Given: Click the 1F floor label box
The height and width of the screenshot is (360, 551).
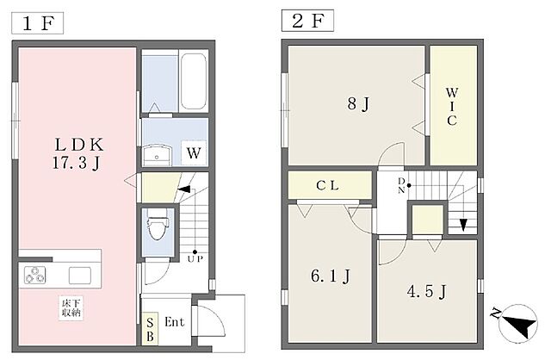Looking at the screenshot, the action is (x=38, y=23).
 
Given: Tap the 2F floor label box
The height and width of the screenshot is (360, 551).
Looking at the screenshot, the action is (x=307, y=21).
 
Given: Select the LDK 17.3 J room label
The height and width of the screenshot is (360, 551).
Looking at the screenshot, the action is (x=78, y=153).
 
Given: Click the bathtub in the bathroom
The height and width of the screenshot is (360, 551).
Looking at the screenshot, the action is (x=193, y=82).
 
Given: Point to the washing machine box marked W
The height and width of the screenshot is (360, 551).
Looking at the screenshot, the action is (x=194, y=153).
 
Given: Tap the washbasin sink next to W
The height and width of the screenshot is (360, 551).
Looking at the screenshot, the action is (x=158, y=155).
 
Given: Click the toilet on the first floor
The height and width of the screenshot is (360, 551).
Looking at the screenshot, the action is (x=158, y=225).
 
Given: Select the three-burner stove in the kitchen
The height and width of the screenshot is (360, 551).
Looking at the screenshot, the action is (x=34, y=275).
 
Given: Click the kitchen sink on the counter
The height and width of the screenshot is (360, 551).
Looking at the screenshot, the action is (x=80, y=276).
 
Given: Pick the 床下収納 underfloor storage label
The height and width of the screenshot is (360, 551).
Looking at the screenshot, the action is (x=71, y=308).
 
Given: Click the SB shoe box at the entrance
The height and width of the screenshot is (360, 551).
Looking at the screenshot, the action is (x=150, y=329).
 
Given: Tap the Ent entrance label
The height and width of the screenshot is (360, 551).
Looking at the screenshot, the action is (x=174, y=322).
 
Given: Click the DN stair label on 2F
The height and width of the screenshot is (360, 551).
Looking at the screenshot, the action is (x=401, y=186).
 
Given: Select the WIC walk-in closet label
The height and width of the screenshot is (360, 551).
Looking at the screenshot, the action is (x=452, y=107).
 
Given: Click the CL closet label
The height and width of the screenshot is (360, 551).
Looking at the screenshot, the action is (x=327, y=185).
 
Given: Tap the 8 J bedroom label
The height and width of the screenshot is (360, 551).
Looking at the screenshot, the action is (x=358, y=103).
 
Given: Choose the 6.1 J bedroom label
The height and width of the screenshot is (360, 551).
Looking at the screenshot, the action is (x=331, y=276).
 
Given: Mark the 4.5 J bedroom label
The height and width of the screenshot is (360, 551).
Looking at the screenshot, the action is (x=427, y=291).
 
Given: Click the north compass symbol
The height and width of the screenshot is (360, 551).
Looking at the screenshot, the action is (x=517, y=323).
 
